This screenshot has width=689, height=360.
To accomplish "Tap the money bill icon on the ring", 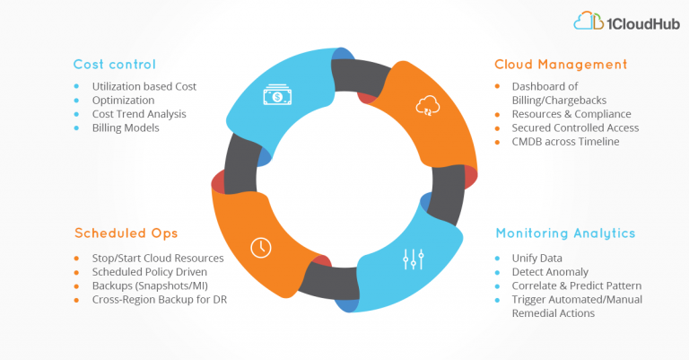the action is (277, 94).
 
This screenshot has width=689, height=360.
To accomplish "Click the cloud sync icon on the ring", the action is (428, 106).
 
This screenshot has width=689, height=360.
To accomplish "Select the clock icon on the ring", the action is (261, 248).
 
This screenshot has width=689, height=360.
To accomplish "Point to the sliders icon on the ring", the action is (414, 259).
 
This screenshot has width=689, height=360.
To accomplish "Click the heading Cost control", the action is (114, 64).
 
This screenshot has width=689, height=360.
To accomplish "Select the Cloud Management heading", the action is (561, 64).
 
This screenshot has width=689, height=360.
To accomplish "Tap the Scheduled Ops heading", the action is (126, 233).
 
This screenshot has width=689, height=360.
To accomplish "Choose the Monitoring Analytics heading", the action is (565, 233).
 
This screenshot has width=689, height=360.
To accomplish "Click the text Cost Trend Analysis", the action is (139, 114).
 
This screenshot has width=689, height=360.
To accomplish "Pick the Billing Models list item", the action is (126, 127).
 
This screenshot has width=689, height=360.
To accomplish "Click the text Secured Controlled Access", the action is (575, 127).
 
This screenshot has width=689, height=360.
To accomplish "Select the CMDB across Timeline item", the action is (565, 142).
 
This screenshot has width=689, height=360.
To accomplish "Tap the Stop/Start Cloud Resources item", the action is (158, 258).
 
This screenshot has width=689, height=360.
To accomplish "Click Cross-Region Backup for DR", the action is (160, 299).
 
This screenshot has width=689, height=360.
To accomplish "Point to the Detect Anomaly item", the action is (550, 272).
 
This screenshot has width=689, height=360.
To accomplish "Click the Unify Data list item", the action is (537, 258).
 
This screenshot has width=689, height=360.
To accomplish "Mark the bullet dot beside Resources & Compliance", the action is (497, 114).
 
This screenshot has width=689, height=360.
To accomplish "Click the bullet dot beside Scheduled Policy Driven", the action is (76, 272).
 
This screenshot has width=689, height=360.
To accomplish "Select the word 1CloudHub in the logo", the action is (643, 23).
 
